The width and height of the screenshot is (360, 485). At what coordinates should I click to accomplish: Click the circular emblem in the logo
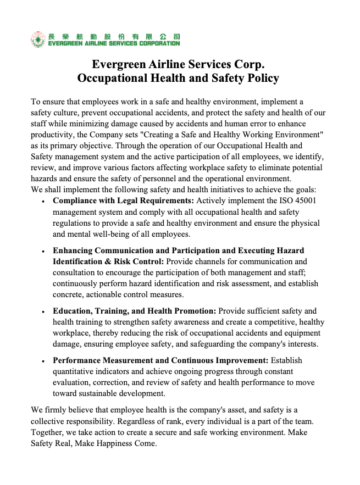coord(38,40)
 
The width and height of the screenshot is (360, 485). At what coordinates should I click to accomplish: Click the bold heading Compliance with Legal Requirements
coord(123,200)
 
